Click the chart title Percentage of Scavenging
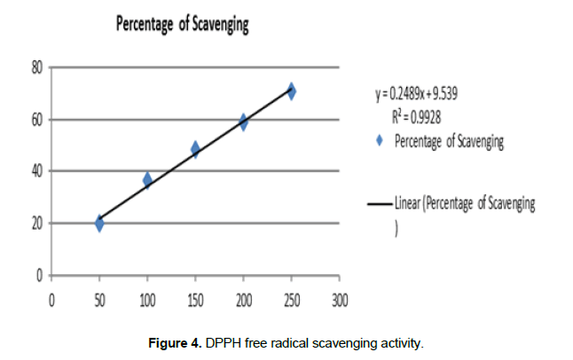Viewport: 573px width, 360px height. [x=183, y=25]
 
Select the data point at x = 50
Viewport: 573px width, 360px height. [x=99, y=223]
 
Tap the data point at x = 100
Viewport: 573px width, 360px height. [x=147, y=180]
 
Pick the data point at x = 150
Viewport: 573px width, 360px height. [x=195, y=149]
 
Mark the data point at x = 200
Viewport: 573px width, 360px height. [x=243, y=121]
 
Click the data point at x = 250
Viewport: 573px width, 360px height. [x=291, y=90]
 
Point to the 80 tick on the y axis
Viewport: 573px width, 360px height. [x=37, y=67]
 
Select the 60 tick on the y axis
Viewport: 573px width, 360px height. [x=37, y=120]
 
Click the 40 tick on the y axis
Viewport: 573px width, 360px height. [x=37, y=171]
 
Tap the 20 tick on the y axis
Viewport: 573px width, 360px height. [x=37, y=223]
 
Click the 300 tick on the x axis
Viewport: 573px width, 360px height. [x=339, y=300]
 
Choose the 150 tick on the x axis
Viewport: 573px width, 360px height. [x=195, y=300]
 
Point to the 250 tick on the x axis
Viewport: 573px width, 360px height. [x=291, y=300]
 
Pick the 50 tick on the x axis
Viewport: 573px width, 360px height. [x=99, y=300]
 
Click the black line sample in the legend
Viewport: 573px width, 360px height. [x=380, y=204]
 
